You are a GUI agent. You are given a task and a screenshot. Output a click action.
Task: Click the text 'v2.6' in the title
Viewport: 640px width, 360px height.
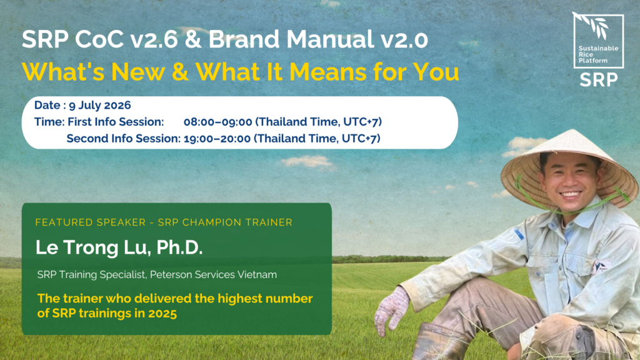pyautogui.click(x=154, y=39)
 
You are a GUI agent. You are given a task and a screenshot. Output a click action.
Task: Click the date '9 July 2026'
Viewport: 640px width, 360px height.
pyautogui.click(x=100, y=105)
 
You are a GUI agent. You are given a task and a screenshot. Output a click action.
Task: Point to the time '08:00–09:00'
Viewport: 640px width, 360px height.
pyautogui.click(x=218, y=122)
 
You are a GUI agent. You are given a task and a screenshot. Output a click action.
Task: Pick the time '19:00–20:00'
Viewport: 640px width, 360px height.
pyautogui.click(x=217, y=139)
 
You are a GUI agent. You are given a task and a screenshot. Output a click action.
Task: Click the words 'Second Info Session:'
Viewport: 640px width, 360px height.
pyautogui.click(x=123, y=139)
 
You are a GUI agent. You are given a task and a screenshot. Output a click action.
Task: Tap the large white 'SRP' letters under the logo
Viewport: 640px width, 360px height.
pyautogui.click(x=599, y=80)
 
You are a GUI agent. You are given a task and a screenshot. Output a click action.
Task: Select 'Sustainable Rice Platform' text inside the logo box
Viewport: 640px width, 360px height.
pyautogui.click(x=598, y=54)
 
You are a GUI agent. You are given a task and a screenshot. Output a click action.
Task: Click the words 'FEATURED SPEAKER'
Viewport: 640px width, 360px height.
pyautogui.click(x=91, y=222)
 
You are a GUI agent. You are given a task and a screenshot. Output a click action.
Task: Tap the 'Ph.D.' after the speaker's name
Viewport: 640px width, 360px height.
pyautogui.click(x=179, y=247)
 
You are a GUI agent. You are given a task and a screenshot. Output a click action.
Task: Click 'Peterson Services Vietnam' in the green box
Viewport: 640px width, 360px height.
pyautogui.click(x=214, y=275)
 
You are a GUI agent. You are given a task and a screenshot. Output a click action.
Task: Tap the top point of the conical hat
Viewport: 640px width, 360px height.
pyautogui.click(x=572, y=131)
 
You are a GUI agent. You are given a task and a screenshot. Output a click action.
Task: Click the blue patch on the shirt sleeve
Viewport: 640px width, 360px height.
pyautogui.click(x=519, y=234)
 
